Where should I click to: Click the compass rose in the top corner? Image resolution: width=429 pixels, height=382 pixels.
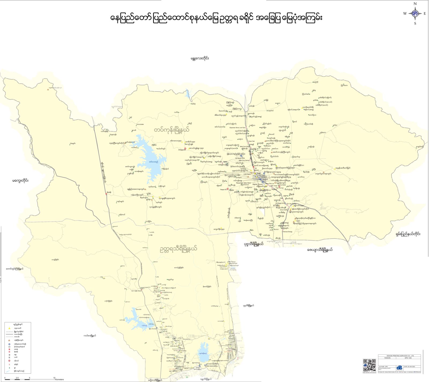[415, 13]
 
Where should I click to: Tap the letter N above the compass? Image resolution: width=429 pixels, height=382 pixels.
[415, 4]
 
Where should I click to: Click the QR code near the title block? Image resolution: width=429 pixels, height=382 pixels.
[369, 365]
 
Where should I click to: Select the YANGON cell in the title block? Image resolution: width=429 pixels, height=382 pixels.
[387, 358]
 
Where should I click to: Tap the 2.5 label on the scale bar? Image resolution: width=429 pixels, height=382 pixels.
[17, 378]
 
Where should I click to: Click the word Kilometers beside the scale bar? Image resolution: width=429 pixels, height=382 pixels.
[59, 379]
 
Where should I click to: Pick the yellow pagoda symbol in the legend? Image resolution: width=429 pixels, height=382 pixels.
[9, 328]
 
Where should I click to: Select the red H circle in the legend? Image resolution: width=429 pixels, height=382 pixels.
[9, 361]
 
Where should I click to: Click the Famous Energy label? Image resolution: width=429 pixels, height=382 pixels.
[287, 232]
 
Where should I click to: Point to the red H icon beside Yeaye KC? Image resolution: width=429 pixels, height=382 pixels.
[228, 189]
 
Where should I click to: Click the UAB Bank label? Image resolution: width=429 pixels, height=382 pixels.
[247, 174]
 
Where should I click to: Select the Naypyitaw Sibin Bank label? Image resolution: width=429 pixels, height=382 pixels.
[243, 183]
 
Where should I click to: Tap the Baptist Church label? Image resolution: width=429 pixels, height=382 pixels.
[258, 184]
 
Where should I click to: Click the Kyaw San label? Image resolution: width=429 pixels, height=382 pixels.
[252, 141]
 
